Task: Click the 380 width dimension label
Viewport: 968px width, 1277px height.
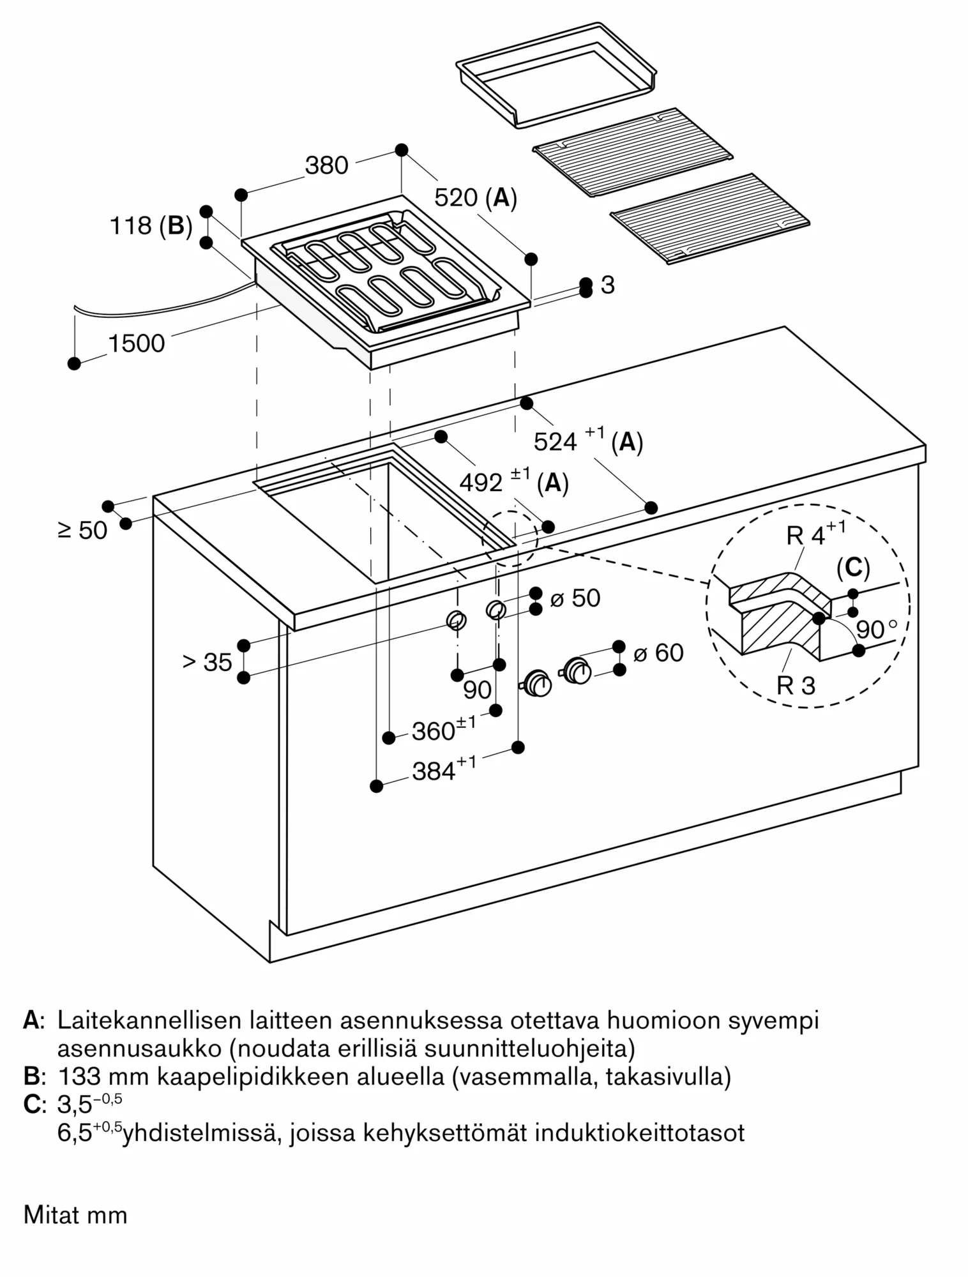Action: pos(326,165)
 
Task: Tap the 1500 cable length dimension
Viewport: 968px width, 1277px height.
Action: pos(137,344)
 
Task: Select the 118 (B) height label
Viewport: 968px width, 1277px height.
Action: pos(151,225)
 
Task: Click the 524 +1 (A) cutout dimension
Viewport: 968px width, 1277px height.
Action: pos(587,441)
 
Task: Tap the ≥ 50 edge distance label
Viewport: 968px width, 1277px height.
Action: pos(82,530)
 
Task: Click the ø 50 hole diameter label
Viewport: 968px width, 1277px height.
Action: pos(575,598)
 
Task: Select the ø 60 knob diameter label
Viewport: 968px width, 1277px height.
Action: pos(658,653)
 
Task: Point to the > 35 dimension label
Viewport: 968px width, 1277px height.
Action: pos(207,662)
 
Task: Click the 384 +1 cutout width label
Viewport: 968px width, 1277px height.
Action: pos(443,770)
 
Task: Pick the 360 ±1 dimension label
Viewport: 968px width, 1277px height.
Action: pos(443,730)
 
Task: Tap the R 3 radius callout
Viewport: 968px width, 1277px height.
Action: pos(796,686)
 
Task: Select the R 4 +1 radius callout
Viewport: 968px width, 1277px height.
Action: pos(815,534)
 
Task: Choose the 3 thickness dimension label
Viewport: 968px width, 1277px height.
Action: pos(607,285)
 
